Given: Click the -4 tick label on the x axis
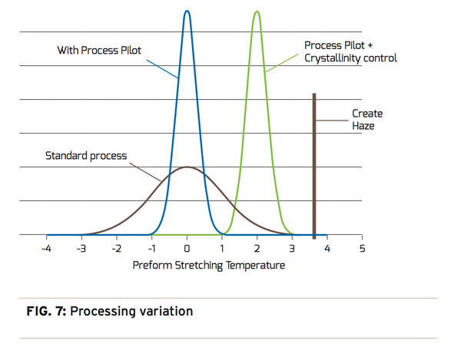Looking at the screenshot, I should pyautogui.click(x=46, y=249).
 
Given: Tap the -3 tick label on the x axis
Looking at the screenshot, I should pyautogui.click(x=81, y=249).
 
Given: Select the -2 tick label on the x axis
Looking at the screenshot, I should pyautogui.click(x=116, y=249).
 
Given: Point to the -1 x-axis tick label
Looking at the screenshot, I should pyautogui.click(x=151, y=249).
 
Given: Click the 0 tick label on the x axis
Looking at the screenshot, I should pyautogui.click(x=187, y=249).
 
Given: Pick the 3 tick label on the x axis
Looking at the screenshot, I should pyautogui.click(x=292, y=249).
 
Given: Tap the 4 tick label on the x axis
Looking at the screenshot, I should pyautogui.click(x=327, y=249).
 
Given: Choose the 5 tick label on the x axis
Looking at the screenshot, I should pyautogui.click(x=362, y=249).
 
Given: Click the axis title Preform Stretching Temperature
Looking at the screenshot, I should pyautogui.click(x=208, y=266).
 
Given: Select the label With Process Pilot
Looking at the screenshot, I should pyautogui.click(x=99, y=51).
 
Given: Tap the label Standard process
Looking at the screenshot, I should pyautogui.click(x=86, y=156).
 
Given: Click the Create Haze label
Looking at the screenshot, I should pyautogui.click(x=367, y=119).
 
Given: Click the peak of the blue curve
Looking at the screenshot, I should pyautogui.click(x=187, y=11).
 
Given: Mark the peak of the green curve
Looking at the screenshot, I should pyautogui.click(x=257, y=12).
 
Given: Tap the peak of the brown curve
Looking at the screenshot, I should pyautogui.click(x=187, y=167).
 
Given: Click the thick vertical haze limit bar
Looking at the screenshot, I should pyautogui.click(x=313, y=165).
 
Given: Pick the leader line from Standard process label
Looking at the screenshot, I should pyautogui.click(x=144, y=168).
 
